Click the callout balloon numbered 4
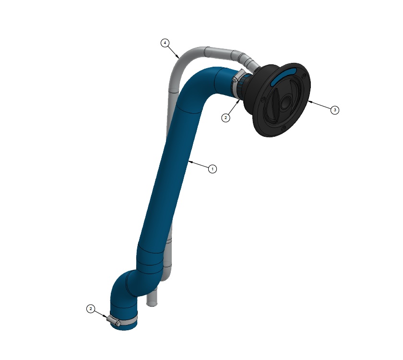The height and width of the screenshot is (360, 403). (x=165, y=43)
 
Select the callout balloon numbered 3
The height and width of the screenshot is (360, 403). (x=335, y=110)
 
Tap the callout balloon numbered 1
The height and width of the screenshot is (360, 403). (x=212, y=169)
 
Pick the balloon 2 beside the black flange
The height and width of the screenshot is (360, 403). (x=225, y=118)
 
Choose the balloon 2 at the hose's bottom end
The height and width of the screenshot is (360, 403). (x=91, y=309)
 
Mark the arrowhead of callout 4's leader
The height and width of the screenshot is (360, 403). (x=178, y=57)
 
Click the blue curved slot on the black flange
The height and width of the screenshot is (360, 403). (x=283, y=76)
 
